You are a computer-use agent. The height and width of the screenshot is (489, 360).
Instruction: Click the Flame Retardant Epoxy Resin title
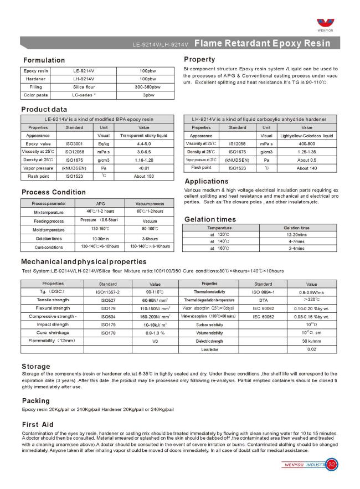pyautogui.click(x=270, y=43)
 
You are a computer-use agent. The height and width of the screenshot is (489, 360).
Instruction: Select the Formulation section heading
pyautogui.click(x=44, y=60)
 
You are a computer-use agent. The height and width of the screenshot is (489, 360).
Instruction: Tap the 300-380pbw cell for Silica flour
pyautogui.click(x=148, y=87)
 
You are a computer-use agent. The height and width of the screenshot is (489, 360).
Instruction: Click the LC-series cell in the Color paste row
pyautogui.click(x=84, y=95)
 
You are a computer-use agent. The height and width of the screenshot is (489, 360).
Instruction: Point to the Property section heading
pyautogui.click(x=199, y=59)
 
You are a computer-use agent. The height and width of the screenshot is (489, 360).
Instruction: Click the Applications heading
pyautogui.click(x=207, y=181)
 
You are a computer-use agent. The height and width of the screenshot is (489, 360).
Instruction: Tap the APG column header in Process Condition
pyautogui.click(x=101, y=204)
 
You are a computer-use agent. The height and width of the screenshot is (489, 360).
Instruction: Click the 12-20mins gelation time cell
pyautogui.click(x=304, y=235)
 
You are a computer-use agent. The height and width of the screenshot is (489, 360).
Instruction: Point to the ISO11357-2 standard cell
pyautogui.click(x=108, y=291)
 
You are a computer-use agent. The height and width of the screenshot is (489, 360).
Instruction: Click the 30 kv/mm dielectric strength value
pyautogui.click(x=312, y=341)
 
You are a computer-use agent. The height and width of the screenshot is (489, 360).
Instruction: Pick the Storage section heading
pyautogui.click(x=36, y=366)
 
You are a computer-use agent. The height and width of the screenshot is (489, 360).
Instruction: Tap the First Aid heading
pyautogui.click(x=38, y=423)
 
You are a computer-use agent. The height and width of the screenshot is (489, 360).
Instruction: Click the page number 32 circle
pyautogui.click(x=332, y=464)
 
